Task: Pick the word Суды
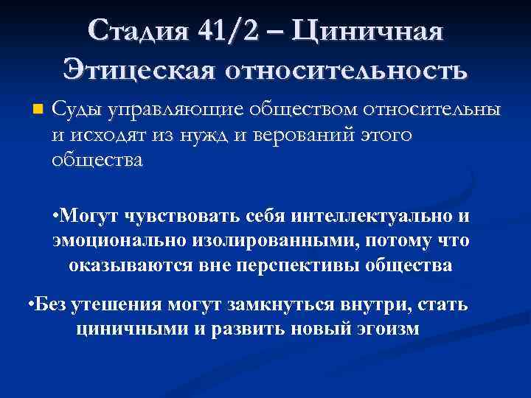pos(77,110)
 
